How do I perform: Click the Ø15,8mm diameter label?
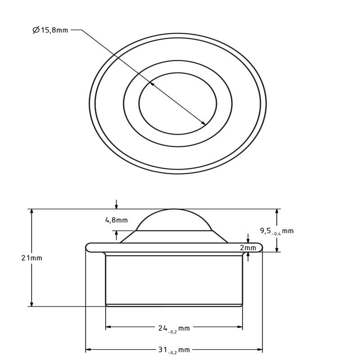point(50,30)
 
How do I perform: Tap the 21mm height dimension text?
point(31,258)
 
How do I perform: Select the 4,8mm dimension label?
point(116,220)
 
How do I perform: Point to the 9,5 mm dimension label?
point(276,231)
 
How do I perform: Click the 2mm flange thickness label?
point(248,248)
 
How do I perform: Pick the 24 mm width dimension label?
point(174,328)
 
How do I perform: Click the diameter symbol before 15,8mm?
point(36,30)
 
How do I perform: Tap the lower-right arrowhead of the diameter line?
point(204,123)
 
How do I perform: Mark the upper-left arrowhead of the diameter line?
point(152,84)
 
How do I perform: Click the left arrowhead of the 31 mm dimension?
point(88,349)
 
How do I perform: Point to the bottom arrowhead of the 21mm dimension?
point(31,304)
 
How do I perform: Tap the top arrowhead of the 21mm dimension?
point(31,211)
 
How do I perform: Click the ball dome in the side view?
point(174,220)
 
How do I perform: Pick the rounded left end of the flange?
point(90,247)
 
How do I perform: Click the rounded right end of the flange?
point(259,247)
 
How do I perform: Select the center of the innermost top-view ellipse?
point(178,103)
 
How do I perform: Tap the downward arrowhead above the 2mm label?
point(248,240)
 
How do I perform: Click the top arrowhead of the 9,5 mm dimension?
point(277,211)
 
